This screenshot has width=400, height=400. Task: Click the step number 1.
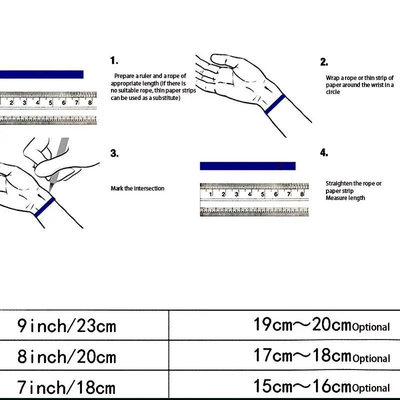114,61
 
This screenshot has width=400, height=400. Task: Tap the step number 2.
324,62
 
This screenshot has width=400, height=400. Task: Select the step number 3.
114,153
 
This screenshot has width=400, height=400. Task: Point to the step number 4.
324,153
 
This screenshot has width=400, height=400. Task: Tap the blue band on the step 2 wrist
275,103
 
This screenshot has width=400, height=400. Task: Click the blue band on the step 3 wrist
44,206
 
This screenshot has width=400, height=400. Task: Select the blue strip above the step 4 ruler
247,166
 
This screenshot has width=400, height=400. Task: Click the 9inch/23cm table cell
66,326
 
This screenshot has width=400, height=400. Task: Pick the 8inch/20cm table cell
66,356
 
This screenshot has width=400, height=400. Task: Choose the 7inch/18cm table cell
66,387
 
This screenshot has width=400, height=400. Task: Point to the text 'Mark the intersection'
137,188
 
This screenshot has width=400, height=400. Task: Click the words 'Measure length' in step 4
345,198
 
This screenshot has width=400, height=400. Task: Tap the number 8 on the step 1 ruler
89,102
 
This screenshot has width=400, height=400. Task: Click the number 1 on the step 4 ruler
211,194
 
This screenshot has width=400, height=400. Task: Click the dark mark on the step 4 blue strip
280,166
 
